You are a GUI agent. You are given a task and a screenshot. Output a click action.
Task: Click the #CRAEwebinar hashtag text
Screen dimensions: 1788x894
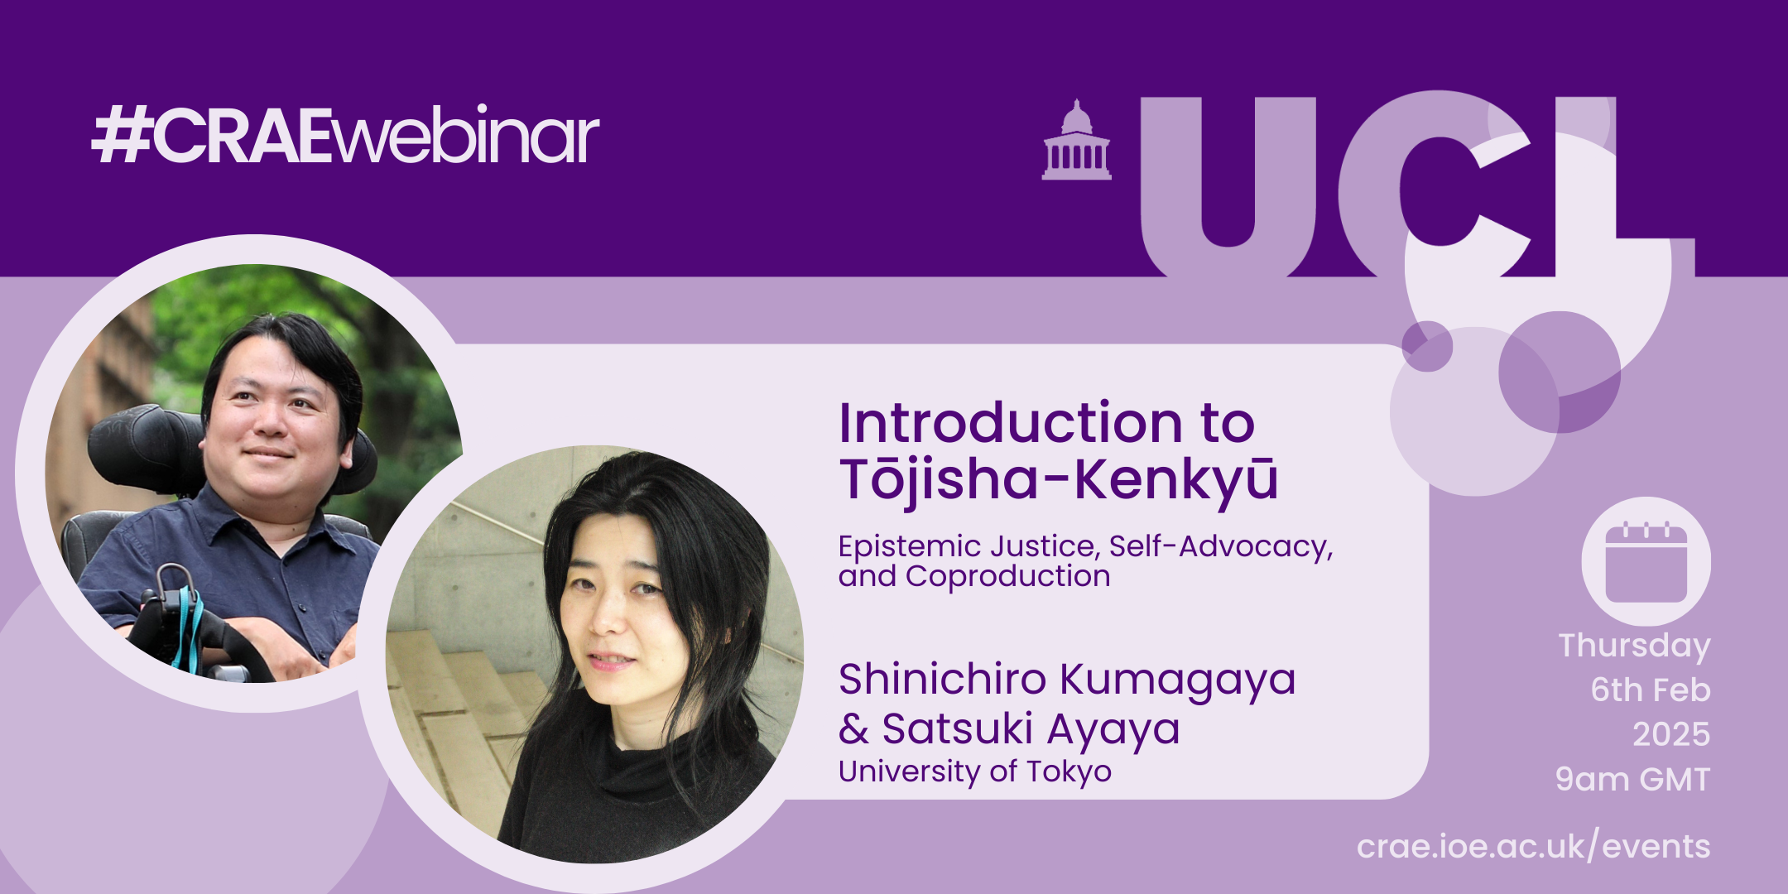coord(345,135)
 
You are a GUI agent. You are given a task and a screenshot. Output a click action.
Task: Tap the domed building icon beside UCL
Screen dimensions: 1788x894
coord(1076,140)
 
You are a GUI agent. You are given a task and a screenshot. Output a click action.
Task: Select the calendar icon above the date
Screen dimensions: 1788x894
coord(1646,561)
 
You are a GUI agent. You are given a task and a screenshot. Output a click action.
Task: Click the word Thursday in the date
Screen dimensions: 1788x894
coord(1634,646)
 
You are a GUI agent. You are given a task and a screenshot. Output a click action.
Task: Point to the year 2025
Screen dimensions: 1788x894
coord(1670,734)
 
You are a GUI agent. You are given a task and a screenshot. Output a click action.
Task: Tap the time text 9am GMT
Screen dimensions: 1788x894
coord(1632,780)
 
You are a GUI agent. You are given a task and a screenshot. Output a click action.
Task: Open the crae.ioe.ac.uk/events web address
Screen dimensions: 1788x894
coord(1533,847)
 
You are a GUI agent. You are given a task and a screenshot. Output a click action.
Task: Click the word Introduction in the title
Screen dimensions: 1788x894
coord(1011,423)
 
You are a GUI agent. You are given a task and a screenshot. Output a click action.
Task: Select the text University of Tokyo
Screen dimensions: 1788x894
coord(975,771)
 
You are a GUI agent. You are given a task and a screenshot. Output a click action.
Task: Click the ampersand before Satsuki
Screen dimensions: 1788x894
coord(853,729)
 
